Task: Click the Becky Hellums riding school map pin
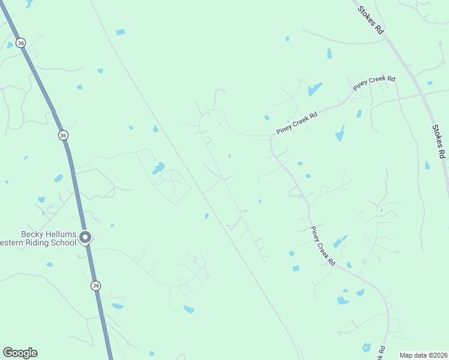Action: (x=85, y=238)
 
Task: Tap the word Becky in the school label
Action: (x=34, y=234)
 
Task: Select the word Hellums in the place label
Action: (x=61, y=234)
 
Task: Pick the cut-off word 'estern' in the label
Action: (x=13, y=242)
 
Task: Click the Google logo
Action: (x=20, y=353)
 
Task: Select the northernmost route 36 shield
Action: (x=21, y=43)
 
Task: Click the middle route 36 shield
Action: (x=63, y=136)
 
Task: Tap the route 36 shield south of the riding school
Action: (x=96, y=286)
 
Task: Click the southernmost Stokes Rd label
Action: (x=439, y=142)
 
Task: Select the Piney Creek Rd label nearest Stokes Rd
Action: (x=374, y=83)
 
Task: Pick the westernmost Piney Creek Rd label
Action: (x=297, y=122)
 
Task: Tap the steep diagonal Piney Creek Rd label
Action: (x=323, y=247)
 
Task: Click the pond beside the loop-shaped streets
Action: (x=158, y=168)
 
